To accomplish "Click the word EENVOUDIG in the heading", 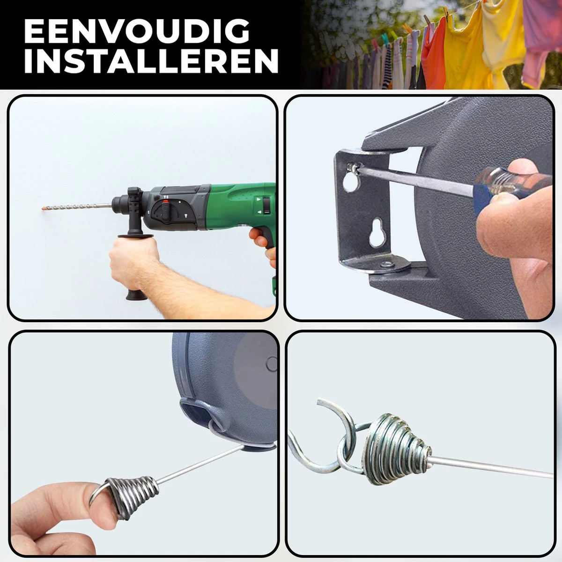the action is coord(136,31).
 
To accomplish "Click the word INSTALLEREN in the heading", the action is coord(151,61).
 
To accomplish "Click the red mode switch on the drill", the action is coord(166,201).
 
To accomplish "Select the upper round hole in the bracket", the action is coord(351,183).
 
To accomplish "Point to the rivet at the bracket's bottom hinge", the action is coord(387,264).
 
